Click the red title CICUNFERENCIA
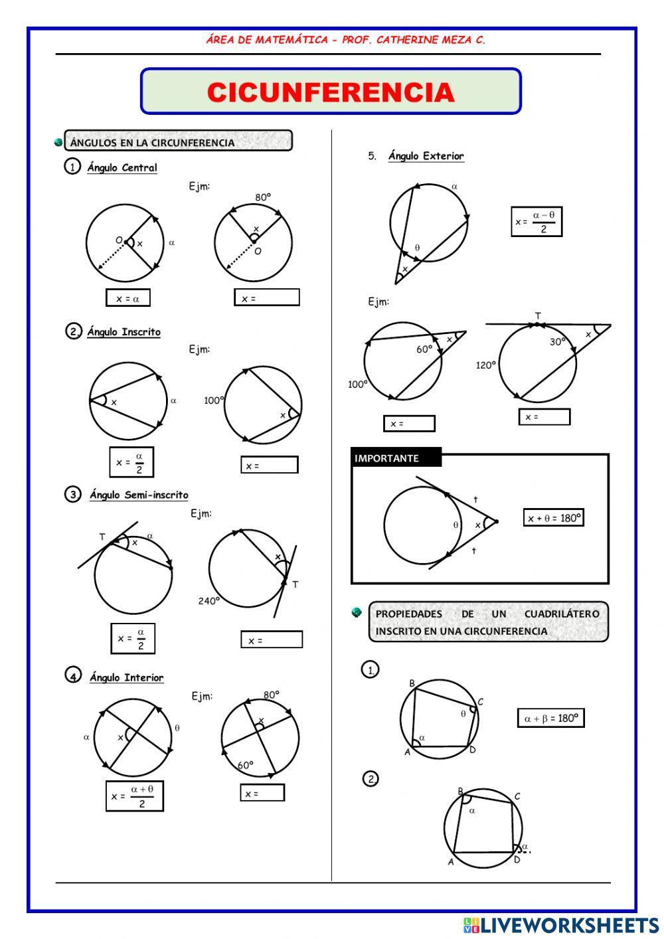[x=331, y=92]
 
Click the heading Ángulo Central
[x=122, y=168]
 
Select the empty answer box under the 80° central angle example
[x=267, y=298]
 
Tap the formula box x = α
[x=128, y=298]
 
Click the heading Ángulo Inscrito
[x=124, y=332]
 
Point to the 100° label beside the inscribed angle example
[x=214, y=400]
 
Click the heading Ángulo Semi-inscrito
[x=139, y=495]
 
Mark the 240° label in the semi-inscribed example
[x=208, y=601]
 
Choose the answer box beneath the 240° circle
[x=272, y=640]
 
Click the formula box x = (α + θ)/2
[x=134, y=796]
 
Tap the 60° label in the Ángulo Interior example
[x=246, y=765]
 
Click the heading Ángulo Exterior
[x=426, y=156]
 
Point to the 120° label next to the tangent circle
[x=486, y=365]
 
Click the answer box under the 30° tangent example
[x=544, y=417]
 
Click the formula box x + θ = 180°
[x=554, y=518]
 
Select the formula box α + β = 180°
[x=550, y=718]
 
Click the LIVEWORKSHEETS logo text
[x=568, y=925]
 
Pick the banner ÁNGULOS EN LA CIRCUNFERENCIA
[x=178, y=141]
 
